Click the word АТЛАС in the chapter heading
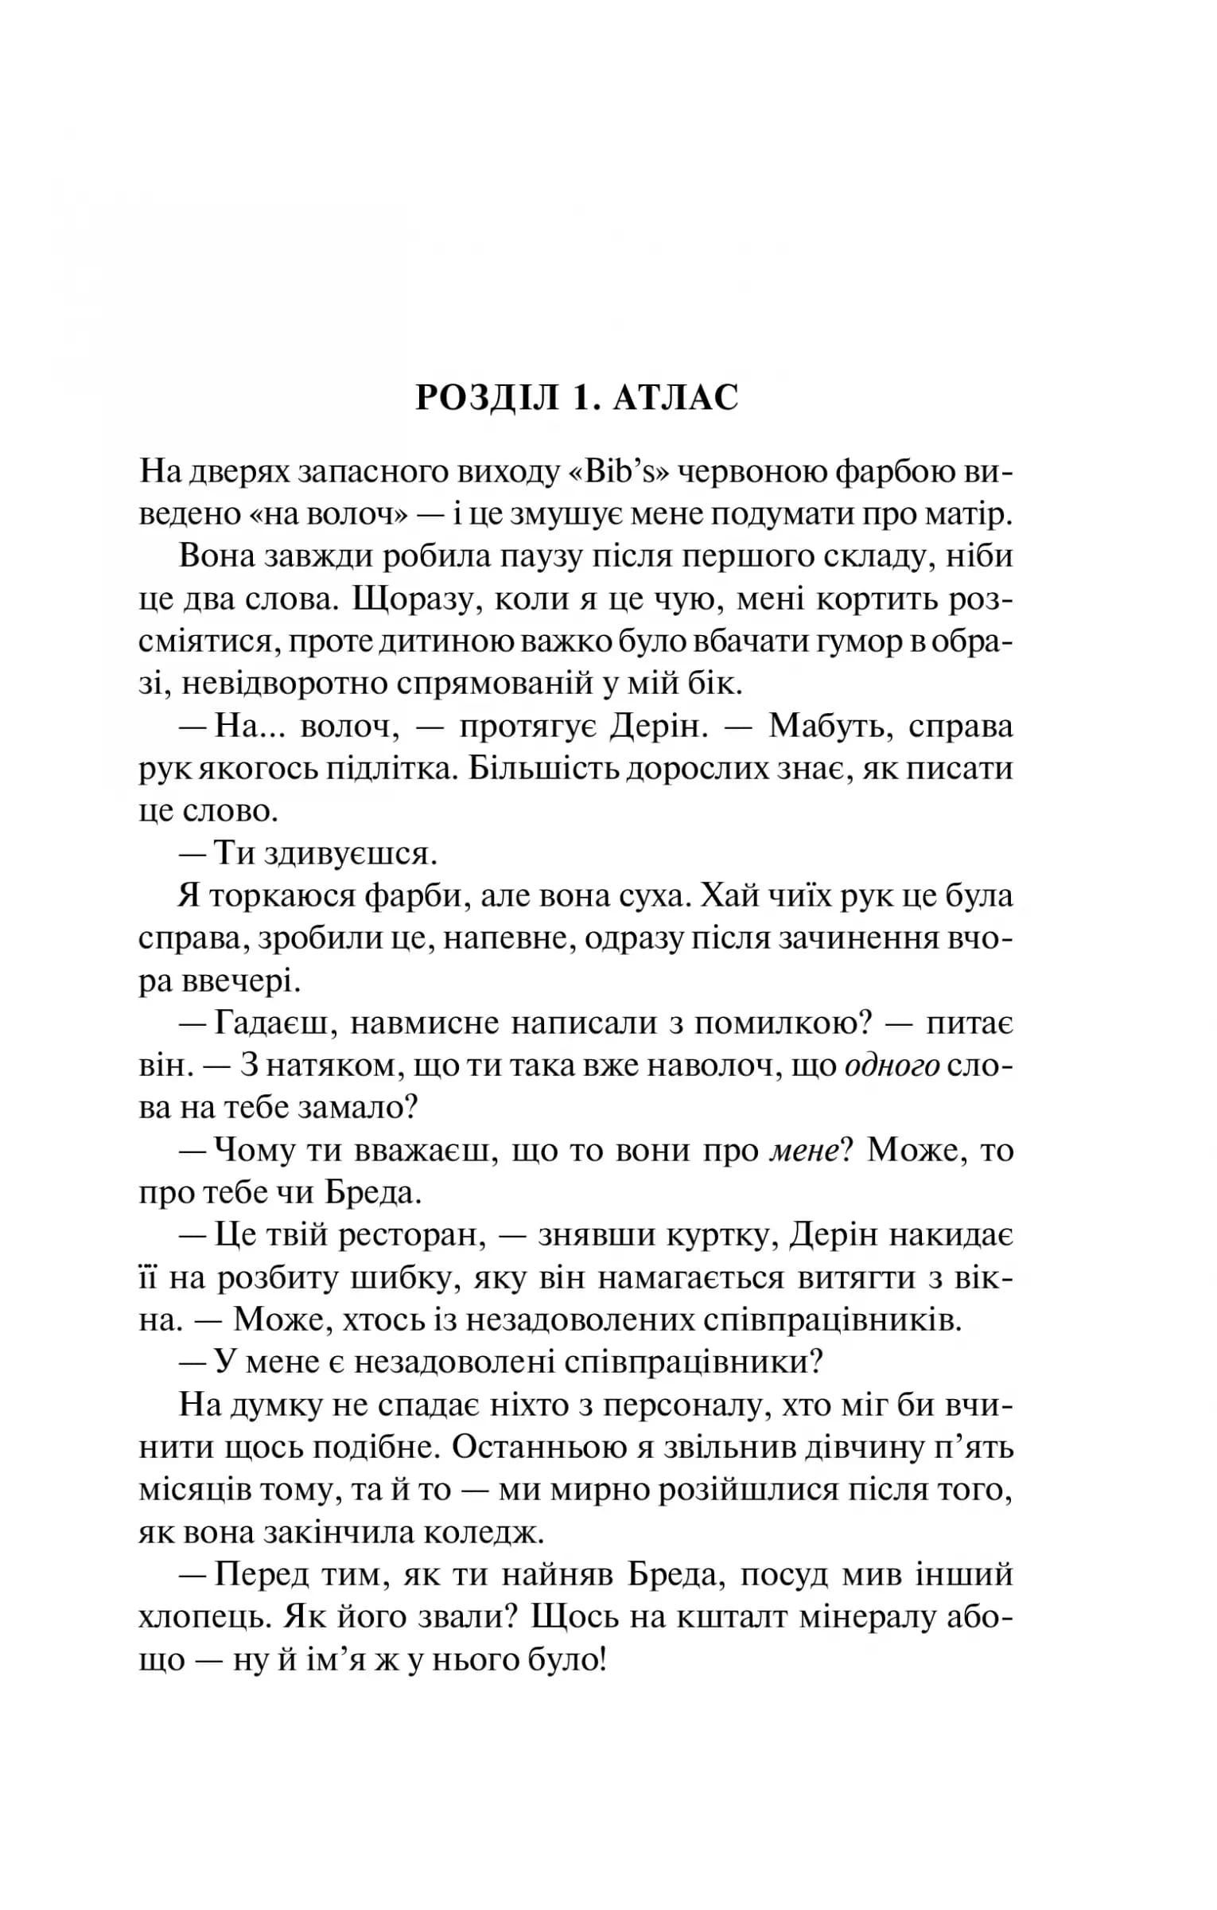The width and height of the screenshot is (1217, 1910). tap(676, 398)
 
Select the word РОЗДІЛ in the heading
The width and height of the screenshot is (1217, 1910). tap(488, 398)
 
